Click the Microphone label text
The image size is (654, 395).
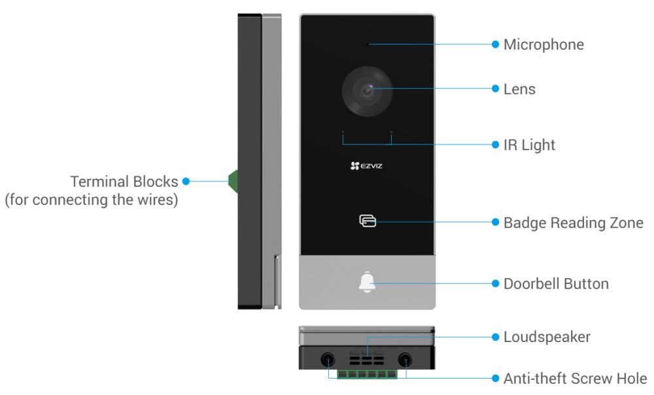tap(543, 44)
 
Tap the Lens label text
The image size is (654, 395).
tap(519, 89)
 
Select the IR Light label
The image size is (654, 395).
tap(529, 144)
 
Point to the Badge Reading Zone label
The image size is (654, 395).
tap(573, 223)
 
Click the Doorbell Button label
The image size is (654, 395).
tap(556, 283)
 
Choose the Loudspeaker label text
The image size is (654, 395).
tap(547, 337)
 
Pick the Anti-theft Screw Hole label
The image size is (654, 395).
tap(575, 378)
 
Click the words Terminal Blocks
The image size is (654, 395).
tap(124, 181)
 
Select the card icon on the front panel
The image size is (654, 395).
tap(368, 222)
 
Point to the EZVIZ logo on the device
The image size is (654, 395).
tap(366, 166)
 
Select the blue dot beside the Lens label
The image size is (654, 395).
tap(495, 89)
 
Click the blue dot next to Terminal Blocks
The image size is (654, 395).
tap(186, 181)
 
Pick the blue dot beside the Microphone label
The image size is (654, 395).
tap(495, 44)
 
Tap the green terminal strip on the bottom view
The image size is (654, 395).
tap(367, 374)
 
